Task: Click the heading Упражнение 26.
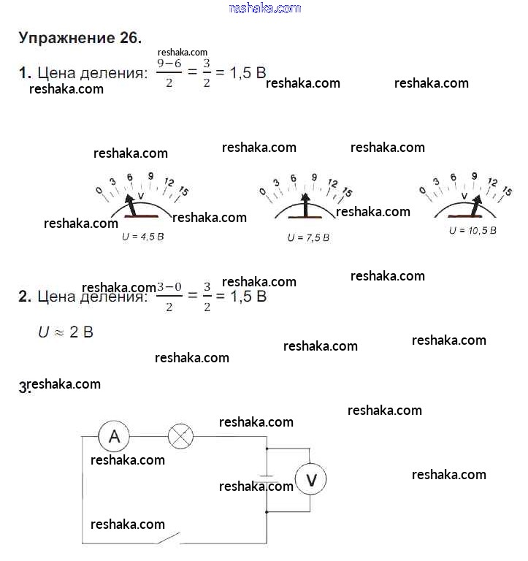80,39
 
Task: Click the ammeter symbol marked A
114,437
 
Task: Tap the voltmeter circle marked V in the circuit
311,479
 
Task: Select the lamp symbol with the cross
180,437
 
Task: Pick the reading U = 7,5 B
308,237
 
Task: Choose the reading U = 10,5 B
472,229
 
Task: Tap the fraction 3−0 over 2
169,297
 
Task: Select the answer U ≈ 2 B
66,332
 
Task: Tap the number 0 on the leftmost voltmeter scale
99,191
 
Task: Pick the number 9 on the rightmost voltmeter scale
474,176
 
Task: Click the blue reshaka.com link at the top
264,8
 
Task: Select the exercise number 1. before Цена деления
25,72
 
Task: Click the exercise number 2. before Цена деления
25,297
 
